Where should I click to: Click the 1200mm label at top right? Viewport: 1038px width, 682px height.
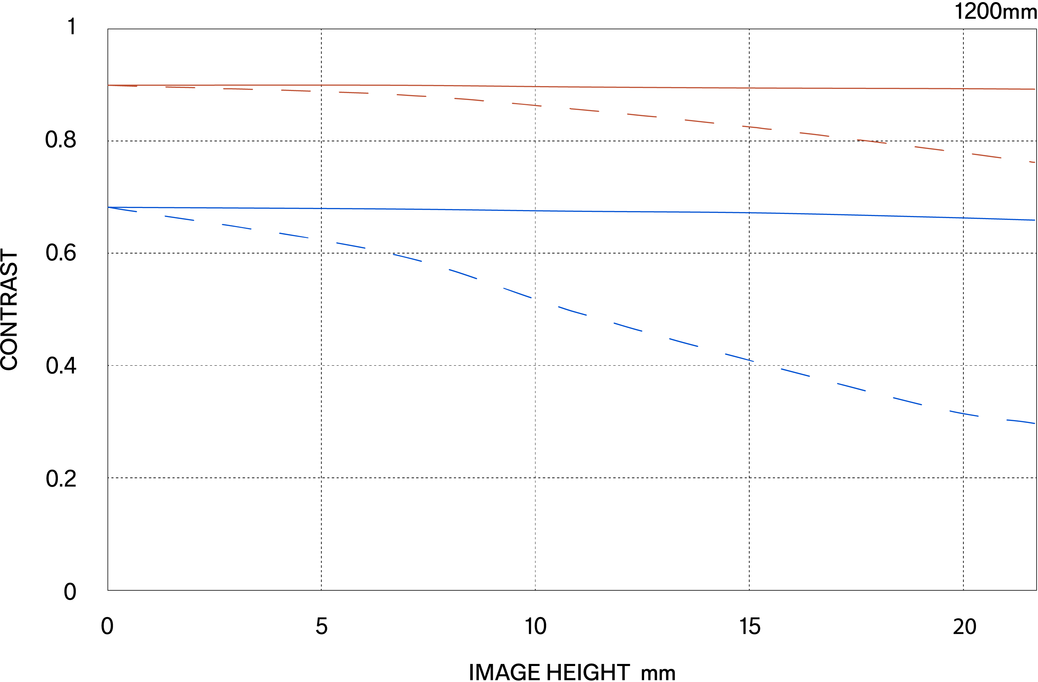[x=995, y=11]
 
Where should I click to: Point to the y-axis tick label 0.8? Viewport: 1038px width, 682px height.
[x=61, y=140]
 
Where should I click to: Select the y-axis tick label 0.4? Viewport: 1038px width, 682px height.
[x=61, y=365]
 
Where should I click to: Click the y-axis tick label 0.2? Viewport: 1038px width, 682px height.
[x=61, y=479]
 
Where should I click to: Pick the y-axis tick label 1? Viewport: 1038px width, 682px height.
[x=72, y=27]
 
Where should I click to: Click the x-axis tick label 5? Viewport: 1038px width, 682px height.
[x=321, y=626]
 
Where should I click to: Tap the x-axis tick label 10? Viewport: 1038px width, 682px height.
[x=535, y=626]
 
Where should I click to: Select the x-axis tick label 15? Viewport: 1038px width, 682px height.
[x=750, y=626]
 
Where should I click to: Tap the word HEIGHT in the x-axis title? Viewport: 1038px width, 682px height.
[x=588, y=672]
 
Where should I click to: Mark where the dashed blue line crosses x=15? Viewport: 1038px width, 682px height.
[x=749, y=360]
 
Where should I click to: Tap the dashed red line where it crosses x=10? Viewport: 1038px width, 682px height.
[x=535, y=105]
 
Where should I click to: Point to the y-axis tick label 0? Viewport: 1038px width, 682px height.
[x=70, y=592]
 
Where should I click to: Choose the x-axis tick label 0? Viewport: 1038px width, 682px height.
[x=107, y=626]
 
